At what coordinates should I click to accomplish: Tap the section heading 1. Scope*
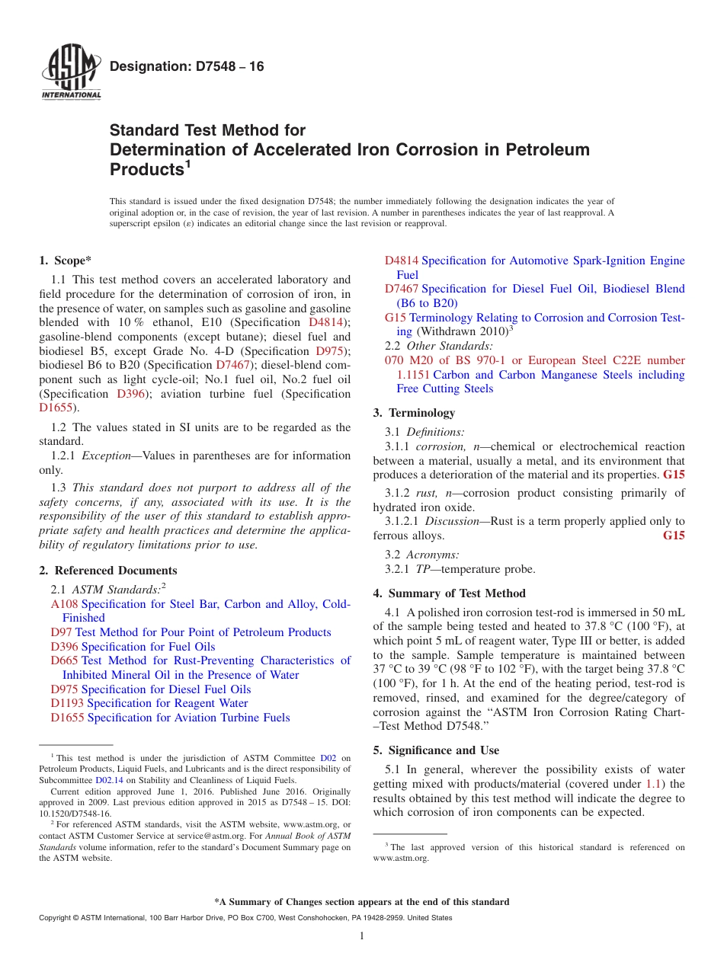click(66, 261)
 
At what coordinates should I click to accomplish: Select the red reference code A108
click(65, 604)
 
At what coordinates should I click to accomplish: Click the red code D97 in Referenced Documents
click(62, 632)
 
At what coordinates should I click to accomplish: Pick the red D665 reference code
click(65, 660)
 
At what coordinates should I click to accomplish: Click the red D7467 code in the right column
click(401, 289)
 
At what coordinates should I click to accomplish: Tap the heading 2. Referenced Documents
click(107, 571)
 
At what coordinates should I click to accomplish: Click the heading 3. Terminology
click(414, 413)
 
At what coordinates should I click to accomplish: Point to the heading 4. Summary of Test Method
click(449, 593)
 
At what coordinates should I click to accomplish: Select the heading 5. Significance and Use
click(436, 750)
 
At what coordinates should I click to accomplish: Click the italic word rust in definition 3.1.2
click(426, 493)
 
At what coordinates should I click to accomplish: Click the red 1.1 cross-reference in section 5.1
click(653, 784)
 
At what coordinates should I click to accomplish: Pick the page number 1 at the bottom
click(362, 936)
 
